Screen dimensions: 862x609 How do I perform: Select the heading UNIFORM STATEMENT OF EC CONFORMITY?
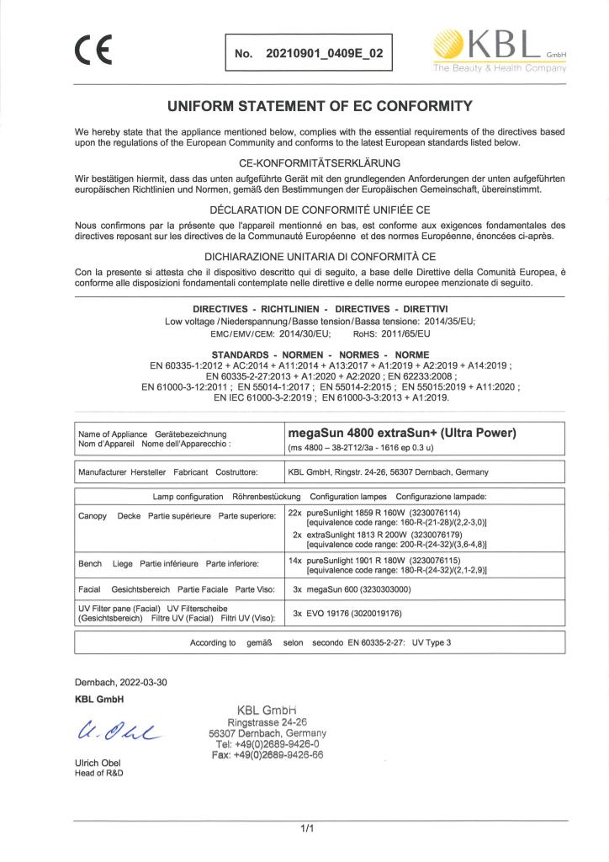click(x=308, y=106)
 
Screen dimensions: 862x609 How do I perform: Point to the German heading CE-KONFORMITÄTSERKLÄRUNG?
click(x=307, y=162)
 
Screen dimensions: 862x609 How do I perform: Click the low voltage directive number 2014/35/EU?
click(x=427, y=322)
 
